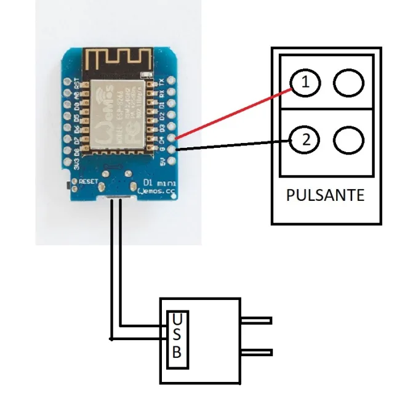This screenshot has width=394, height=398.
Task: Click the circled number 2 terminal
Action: point(302,140)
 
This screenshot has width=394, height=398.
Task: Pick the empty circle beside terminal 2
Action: point(348,140)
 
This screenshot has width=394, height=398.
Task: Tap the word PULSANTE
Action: point(325,196)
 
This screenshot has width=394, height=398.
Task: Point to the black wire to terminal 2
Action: point(234,145)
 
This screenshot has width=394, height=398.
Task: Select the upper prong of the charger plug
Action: point(256,320)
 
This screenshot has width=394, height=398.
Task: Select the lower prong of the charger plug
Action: point(256,352)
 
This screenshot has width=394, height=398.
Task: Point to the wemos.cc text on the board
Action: point(157,192)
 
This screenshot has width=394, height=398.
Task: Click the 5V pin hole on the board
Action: point(171,160)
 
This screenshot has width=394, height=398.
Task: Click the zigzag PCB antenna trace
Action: point(117,62)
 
